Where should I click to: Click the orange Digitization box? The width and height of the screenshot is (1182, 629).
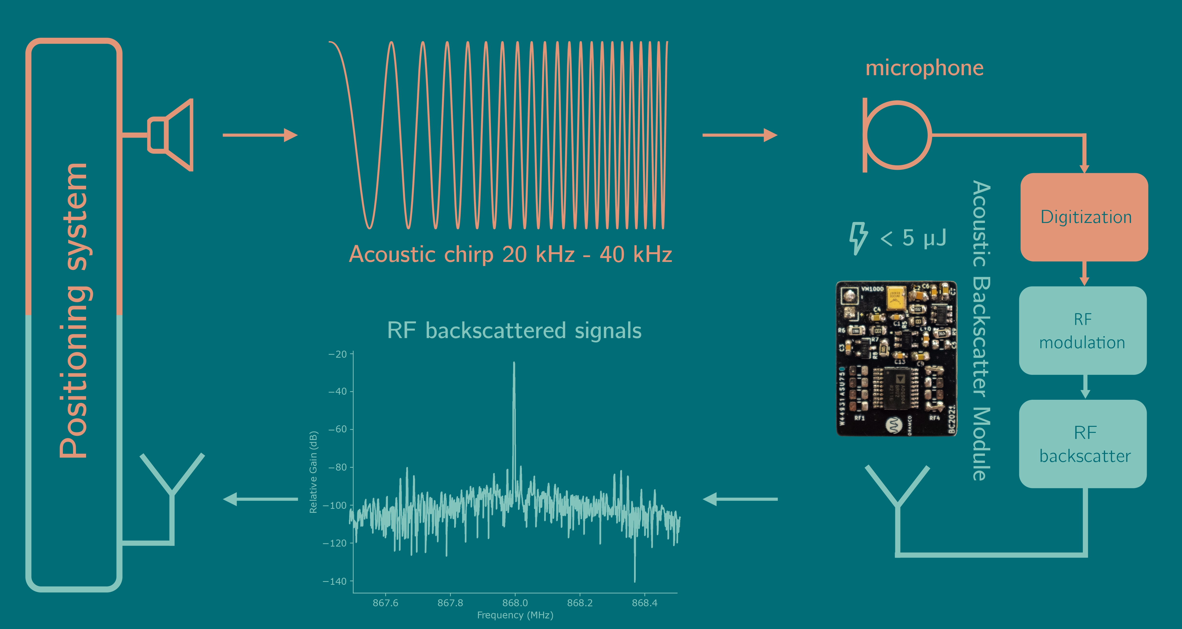tap(1084, 217)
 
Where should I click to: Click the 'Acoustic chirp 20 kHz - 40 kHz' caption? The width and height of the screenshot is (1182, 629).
tap(510, 254)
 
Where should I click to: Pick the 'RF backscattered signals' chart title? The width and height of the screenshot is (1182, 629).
tap(514, 330)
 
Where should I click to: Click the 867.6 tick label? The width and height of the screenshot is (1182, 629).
tap(385, 603)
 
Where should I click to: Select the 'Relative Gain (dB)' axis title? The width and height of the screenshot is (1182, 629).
tap(313, 472)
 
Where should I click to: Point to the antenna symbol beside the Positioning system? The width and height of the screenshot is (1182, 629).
tap(172, 486)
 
